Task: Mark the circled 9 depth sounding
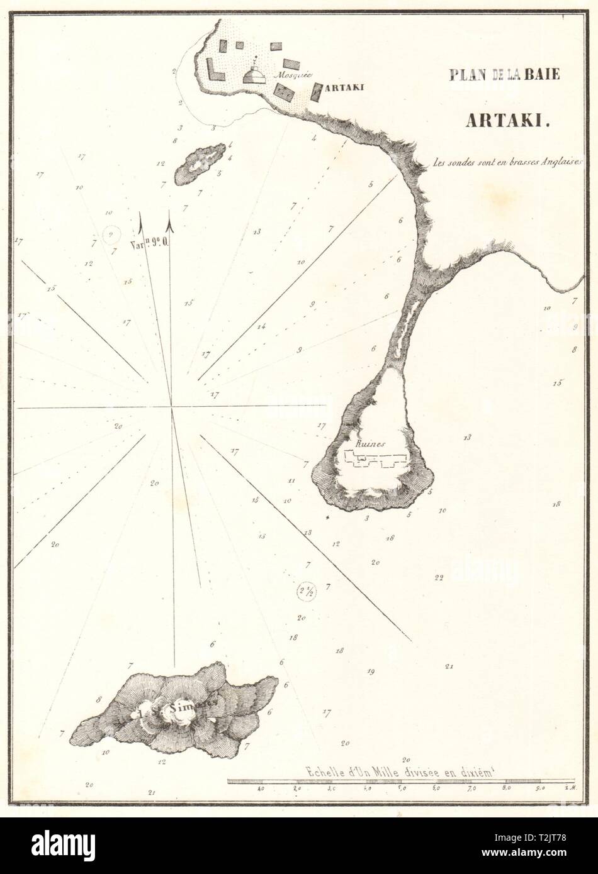tap(111, 234)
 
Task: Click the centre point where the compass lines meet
tap(171, 407)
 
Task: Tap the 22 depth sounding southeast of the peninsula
tap(439, 577)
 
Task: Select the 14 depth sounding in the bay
tap(261, 326)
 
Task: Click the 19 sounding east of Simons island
tap(371, 671)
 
